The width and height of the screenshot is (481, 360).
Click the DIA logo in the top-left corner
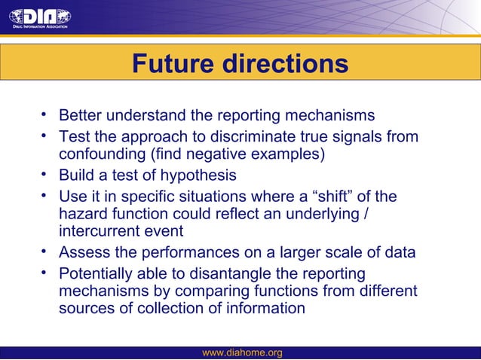[39, 17]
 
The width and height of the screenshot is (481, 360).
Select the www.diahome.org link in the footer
[243, 352]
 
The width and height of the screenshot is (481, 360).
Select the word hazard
[83, 215]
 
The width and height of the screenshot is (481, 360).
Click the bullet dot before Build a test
[45, 175]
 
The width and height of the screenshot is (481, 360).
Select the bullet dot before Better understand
[45, 116]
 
